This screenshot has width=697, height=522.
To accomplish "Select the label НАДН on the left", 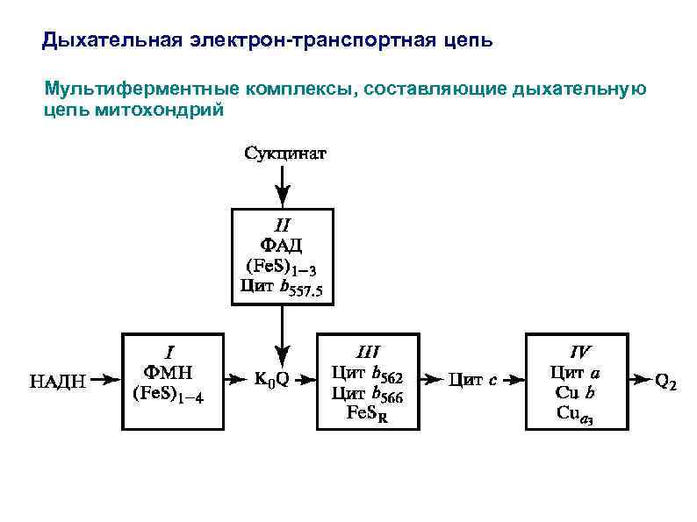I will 60,380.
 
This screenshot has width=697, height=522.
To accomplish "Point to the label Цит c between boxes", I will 473,380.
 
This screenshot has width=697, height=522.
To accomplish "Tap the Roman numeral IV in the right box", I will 579,350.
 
